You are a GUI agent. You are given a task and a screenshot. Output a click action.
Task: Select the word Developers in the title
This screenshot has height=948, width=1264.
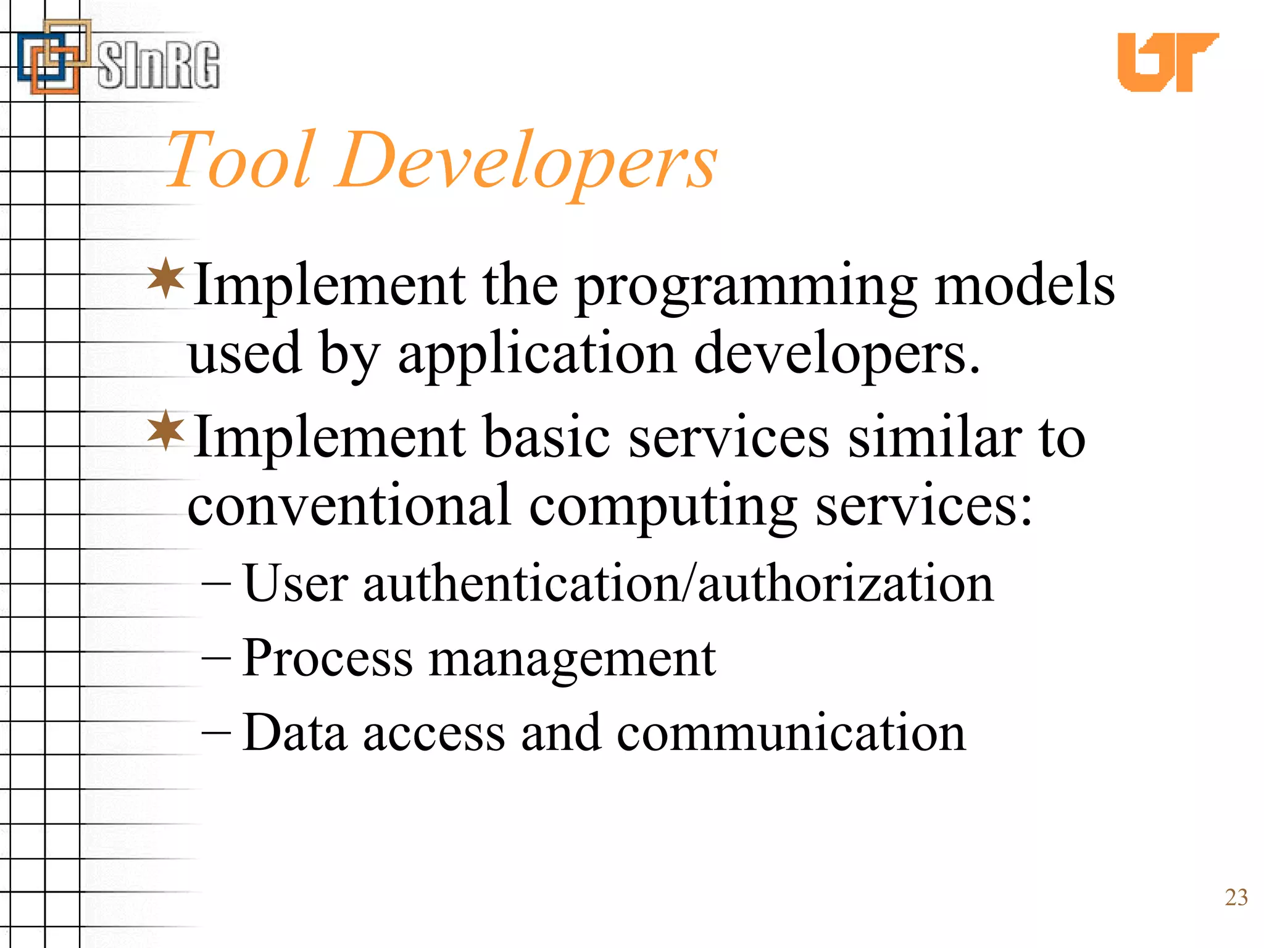pyautogui.click(x=528, y=162)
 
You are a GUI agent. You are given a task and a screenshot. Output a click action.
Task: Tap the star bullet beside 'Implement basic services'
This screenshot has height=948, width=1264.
pyautogui.click(x=166, y=430)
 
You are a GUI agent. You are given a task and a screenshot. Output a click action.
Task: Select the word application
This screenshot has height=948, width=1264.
pyautogui.click(x=537, y=355)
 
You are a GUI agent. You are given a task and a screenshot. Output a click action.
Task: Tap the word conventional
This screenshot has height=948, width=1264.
pyautogui.click(x=349, y=505)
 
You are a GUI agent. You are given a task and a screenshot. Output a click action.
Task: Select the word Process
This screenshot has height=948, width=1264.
pyautogui.click(x=327, y=659)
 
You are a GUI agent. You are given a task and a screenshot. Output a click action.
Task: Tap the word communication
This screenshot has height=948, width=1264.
pyautogui.click(x=791, y=733)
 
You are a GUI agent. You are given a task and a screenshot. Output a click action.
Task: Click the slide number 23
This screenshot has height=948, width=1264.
pyautogui.click(x=1236, y=897)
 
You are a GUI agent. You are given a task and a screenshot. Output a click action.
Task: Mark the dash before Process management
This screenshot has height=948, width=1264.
pyautogui.click(x=216, y=659)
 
